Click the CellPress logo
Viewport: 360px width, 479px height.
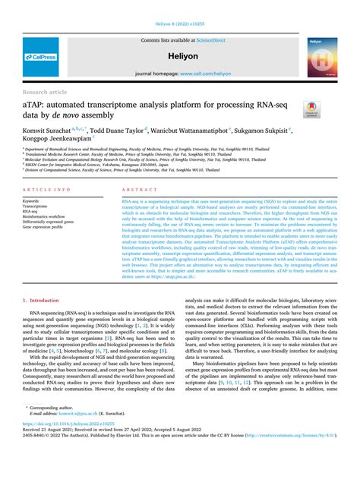click(39, 56)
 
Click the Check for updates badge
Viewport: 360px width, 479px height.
click(309, 109)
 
